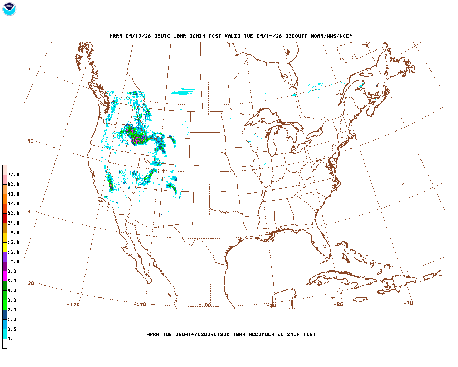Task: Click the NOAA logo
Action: [x=9, y=9]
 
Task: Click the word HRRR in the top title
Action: [x=116, y=36]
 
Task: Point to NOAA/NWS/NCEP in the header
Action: [x=331, y=36]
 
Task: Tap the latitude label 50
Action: [x=30, y=68]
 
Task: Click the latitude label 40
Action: [x=30, y=141]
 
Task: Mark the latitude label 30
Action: [x=30, y=211]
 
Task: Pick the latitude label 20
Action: [x=31, y=283]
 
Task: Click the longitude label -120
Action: [x=73, y=305]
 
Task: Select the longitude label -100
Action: [x=204, y=305]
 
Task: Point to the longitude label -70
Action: [x=408, y=303]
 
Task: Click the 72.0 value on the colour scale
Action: [x=13, y=175]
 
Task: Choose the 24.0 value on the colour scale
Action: [x=13, y=223]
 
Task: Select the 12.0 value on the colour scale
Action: [x=13, y=252]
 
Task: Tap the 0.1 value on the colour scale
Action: [x=12, y=339]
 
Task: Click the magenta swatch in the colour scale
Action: [x=5, y=276]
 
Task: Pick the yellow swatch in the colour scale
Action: [x=5, y=247]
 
